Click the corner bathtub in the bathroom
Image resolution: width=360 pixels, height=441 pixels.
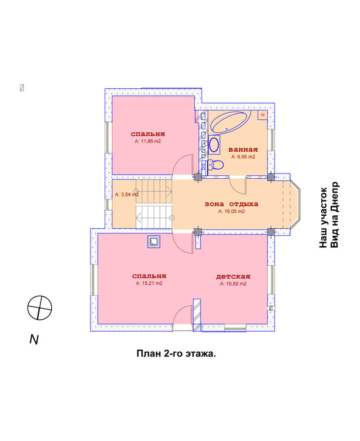[x=230, y=123]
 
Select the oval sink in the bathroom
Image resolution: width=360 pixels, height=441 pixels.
[x=214, y=144]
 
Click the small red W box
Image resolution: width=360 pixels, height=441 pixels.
[x=262, y=115]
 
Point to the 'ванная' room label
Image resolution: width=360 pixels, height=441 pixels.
[x=243, y=149]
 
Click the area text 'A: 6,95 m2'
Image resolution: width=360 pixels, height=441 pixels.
[x=243, y=157]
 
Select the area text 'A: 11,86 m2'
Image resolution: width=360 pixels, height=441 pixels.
[x=148, y=142]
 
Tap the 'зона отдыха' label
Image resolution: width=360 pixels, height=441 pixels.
[x=231, y=204]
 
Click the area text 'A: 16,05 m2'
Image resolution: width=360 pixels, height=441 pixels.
[x=231, y=211]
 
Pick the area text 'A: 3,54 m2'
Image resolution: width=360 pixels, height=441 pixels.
[x=126, y=194]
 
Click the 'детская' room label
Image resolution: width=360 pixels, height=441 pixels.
[x=233, y=276]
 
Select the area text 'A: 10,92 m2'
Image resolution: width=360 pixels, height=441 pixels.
[x=233, y=283]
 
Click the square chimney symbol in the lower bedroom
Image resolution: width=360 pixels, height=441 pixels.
[x=154, y=241]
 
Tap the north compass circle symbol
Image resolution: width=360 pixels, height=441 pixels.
[x=40, y=308]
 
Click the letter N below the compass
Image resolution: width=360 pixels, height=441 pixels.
[x=34, y=339]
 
